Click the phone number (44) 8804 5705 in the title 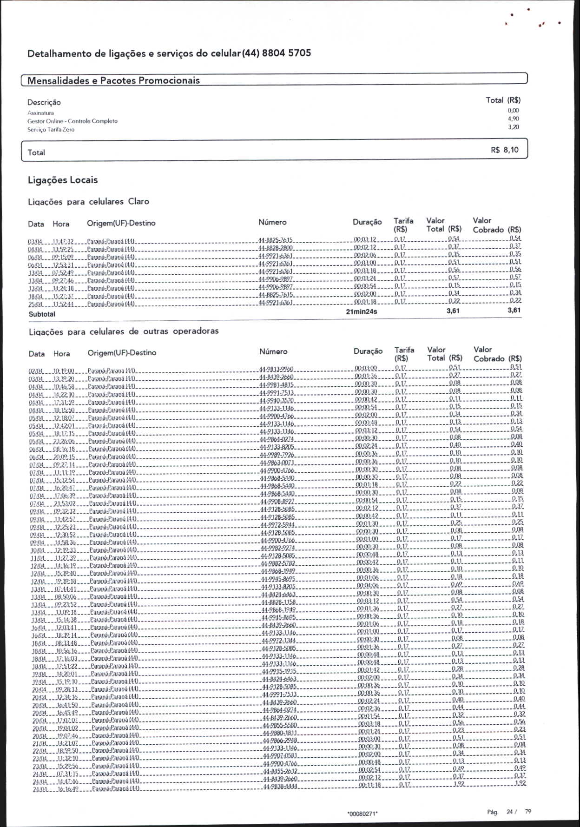point(280,53)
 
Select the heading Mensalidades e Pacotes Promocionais point(113,80)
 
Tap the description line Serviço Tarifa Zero point(51,130)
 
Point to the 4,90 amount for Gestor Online point(513,119)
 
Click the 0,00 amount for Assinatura point(513,111)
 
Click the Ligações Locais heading point(63,180)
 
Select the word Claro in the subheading point(138,201)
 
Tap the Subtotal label point(42,314)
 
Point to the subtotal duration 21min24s point(362,311)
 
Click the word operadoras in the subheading point(196,331)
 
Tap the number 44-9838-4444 point(280,787)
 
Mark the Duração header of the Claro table point(367,222)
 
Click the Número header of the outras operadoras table point(273,352)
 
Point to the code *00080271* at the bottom point(362,814)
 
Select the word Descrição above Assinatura point(44,102)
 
